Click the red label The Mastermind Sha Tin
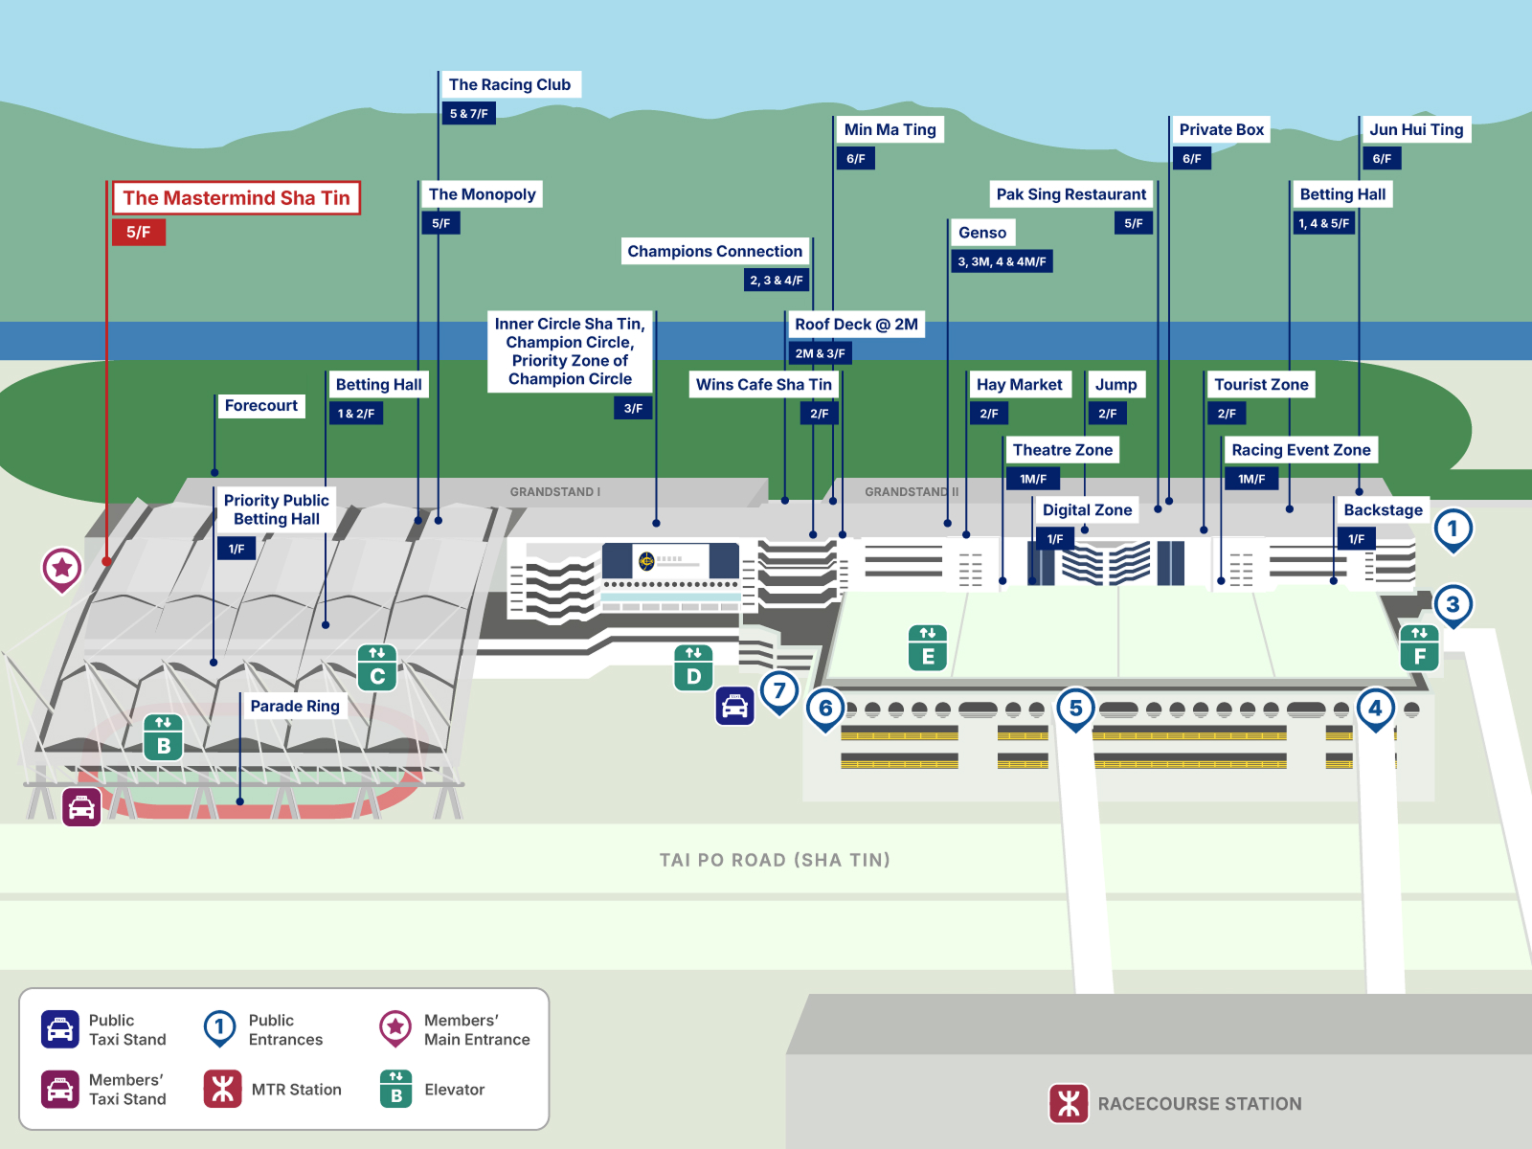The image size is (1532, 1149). (x=237, y=198)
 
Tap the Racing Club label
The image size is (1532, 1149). (x=509, y=84)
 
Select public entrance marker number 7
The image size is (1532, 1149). (x=779, y=692)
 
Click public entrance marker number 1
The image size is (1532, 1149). (x=1453, y=530)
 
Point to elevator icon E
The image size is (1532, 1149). (x=928, y=648)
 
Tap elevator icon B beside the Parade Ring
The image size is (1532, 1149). (x=164, y=736)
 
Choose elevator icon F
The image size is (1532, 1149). (x=1420, y=648)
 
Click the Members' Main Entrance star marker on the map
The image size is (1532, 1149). (x=62, y=570)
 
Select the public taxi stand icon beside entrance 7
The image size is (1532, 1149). (x=735, y=706)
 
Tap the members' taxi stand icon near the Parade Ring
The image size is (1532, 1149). (x=81, y=807)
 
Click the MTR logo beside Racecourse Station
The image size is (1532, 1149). (x=1069, y=1103)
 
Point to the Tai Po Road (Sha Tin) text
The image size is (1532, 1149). (x=775, y=860)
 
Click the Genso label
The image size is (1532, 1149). (x=982, y=233)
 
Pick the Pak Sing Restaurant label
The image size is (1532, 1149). (x=1070, y=194)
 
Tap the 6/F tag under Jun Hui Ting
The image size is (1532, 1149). (x=1382, y=158)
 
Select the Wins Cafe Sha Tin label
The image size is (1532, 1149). (x=763, y=384)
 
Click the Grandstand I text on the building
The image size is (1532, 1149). (x=554, y=492)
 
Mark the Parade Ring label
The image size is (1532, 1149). (x=295, y=706)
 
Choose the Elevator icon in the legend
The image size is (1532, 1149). (x=395, y=1089)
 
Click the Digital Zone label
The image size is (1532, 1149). (x=1087, y=510)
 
